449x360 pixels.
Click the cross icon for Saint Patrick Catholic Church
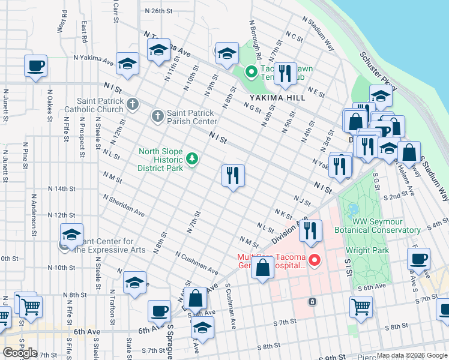[133, 104]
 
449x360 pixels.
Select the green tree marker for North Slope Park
[192, 159]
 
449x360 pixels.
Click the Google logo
[20, 352]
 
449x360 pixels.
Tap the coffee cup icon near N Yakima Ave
[36, 65]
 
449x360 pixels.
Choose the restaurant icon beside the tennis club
[286, 73]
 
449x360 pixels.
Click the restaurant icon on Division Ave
[310, 231]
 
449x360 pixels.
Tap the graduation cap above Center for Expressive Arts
[71, 235]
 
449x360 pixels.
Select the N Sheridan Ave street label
[124, 205]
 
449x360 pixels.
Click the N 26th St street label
[158, 11]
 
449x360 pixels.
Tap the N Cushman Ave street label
[197, 263]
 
